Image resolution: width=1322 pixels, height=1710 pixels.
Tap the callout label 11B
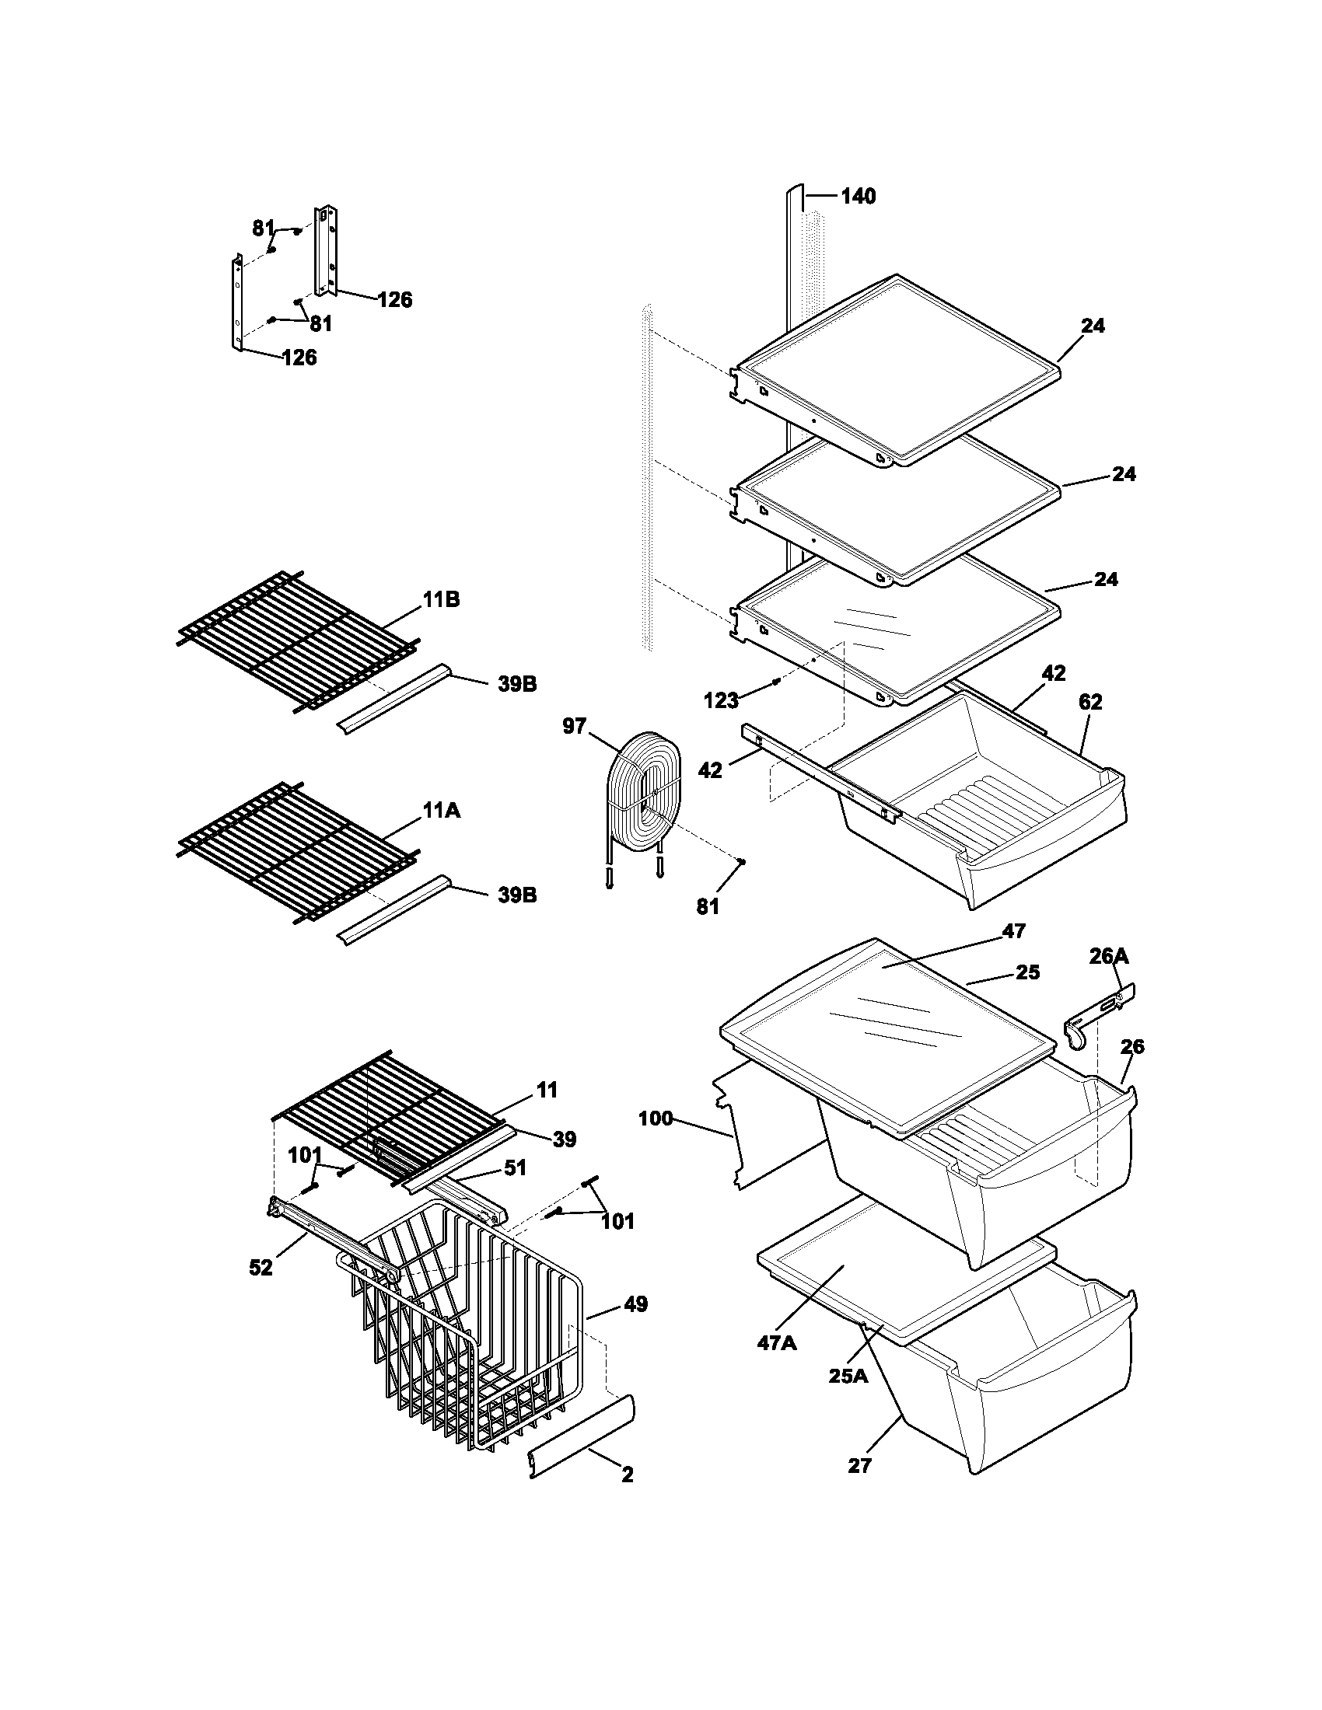pyautogui.click(x=442, y=601)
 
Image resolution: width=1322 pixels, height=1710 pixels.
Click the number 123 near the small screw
pyautogui.click(x=722, y=700)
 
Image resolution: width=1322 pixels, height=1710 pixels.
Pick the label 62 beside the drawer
pyautogui.click(x=1090, y=703)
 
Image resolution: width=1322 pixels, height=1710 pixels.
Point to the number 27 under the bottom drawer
pyautogui.click(x=859, y=1466)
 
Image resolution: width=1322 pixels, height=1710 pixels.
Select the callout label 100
pyautogui.click(x=656, y=1118)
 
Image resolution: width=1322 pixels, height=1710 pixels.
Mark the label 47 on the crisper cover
pyautogui.click(x=1013, y=931)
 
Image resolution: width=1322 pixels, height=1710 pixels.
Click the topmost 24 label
pyautogui.click(x=1093, y=326)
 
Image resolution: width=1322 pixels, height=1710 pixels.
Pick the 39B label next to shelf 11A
pyautogui.click(x=517, y=895)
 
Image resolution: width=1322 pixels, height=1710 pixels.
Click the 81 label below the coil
pyautogui.click(x=707, y=906)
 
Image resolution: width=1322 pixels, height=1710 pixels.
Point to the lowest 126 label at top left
pyautogui.click(x=299, y=358)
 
